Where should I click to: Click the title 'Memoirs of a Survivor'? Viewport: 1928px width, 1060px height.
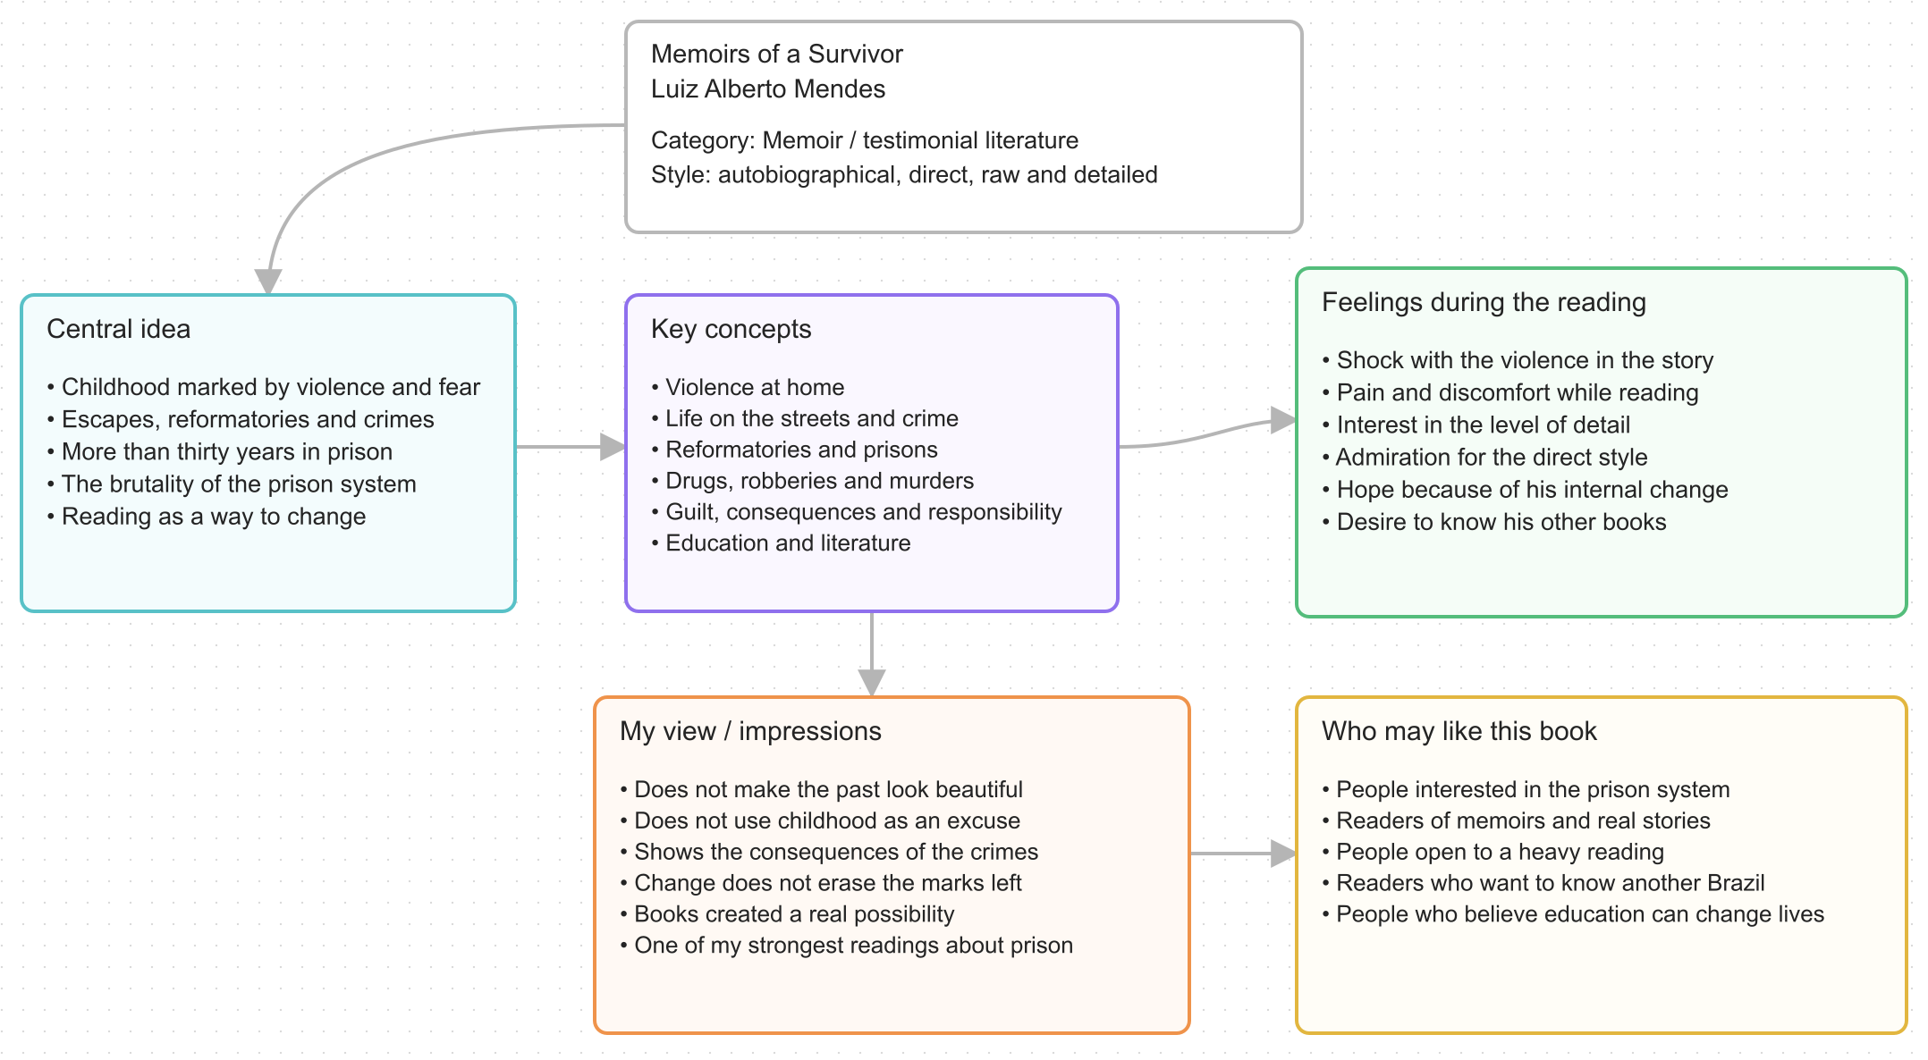tap(776, 55)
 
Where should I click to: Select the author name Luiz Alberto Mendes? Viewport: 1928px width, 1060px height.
tap(767, 89)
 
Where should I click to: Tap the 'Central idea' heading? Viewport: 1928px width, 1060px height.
tap(118, 329)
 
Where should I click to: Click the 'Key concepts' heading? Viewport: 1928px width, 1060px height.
tap(731, 330)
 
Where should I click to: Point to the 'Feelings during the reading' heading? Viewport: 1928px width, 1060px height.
tap(1484, 303)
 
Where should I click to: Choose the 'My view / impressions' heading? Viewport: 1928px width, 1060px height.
tap(750, 732)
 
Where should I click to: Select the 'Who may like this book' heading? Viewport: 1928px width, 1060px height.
tap(1459, 731)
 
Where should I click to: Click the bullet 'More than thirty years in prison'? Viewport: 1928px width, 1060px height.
tap(220, 452)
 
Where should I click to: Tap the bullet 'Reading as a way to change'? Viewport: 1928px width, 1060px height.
tap(207, 517)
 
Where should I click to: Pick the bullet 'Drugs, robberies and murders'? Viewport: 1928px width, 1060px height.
tap(813, 481)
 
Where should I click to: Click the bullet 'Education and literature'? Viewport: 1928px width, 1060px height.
tap(781, 543)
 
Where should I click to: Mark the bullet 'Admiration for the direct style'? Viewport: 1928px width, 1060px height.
tap(1484, 458)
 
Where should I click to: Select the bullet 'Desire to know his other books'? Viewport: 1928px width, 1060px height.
tap(1494, 522)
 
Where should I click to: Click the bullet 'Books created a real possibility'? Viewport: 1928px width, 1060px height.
tap(787, 914)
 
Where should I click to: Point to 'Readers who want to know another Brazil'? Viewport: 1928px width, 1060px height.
tap(1543, 883)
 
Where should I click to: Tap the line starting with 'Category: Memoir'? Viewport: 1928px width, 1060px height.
tap(865, 140)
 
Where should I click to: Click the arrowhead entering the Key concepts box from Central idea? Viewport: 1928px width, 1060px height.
tap(613, 447)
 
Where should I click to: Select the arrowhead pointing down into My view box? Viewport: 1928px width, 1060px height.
tap(872, 683)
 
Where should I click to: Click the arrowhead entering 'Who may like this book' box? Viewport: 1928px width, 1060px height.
tap(1283, 854)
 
